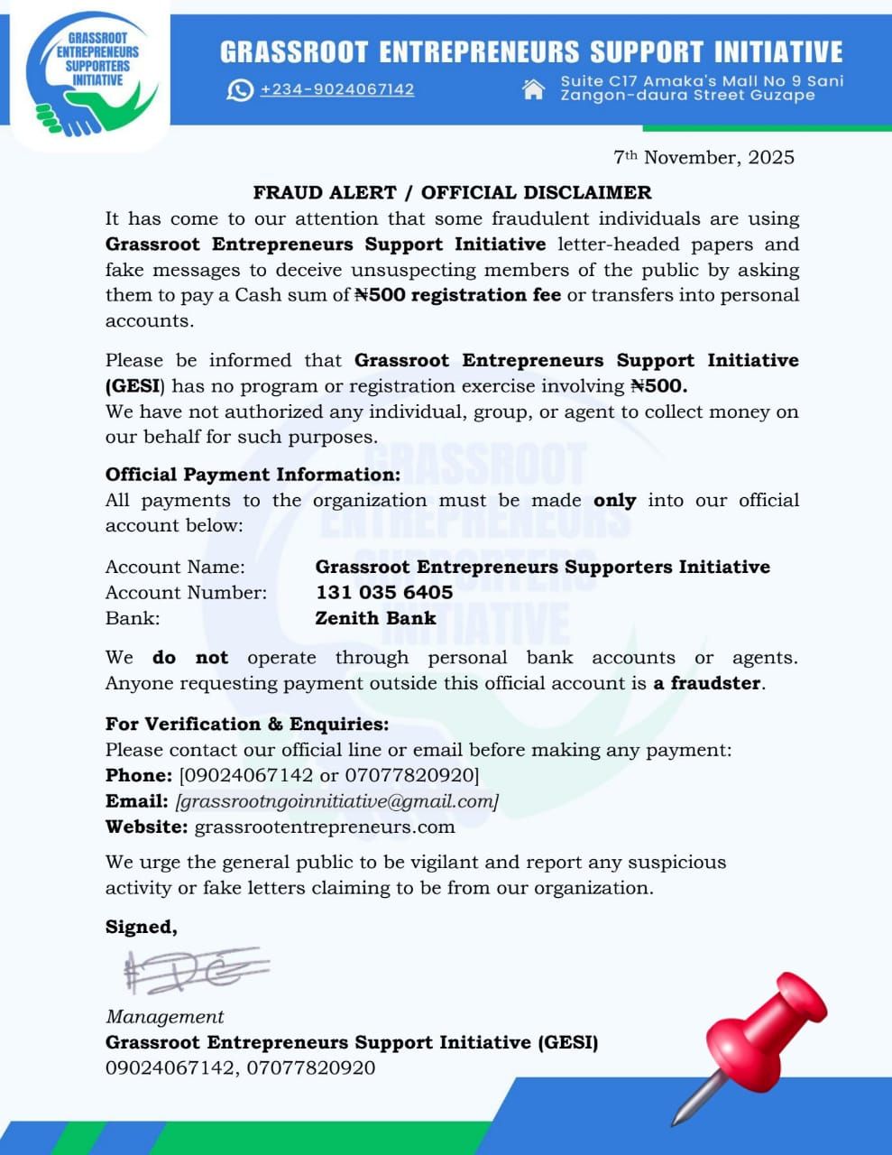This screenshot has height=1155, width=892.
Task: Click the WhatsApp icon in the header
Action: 240,90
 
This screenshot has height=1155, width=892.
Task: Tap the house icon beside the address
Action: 534,88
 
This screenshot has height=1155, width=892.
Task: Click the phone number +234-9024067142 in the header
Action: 337,89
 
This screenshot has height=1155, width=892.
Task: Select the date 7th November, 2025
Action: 703,157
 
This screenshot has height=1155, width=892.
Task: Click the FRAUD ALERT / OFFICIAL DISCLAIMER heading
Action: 452,192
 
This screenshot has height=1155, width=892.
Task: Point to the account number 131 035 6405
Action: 384,592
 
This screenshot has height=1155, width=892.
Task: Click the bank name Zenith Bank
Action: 375,618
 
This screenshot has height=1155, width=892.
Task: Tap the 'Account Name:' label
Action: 175,567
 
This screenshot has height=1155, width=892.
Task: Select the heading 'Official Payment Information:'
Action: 253,475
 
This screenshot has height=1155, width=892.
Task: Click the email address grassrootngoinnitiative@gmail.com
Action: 337,800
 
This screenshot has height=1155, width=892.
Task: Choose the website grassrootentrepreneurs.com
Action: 325,827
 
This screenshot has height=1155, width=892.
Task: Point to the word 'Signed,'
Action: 142,927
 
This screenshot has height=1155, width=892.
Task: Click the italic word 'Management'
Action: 165,1017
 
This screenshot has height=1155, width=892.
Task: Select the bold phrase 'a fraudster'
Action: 708,683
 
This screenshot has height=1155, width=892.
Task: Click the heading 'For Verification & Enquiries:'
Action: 247,724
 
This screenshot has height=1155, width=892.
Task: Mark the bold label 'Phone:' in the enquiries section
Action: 139,775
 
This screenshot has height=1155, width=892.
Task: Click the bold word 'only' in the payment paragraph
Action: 614,500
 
